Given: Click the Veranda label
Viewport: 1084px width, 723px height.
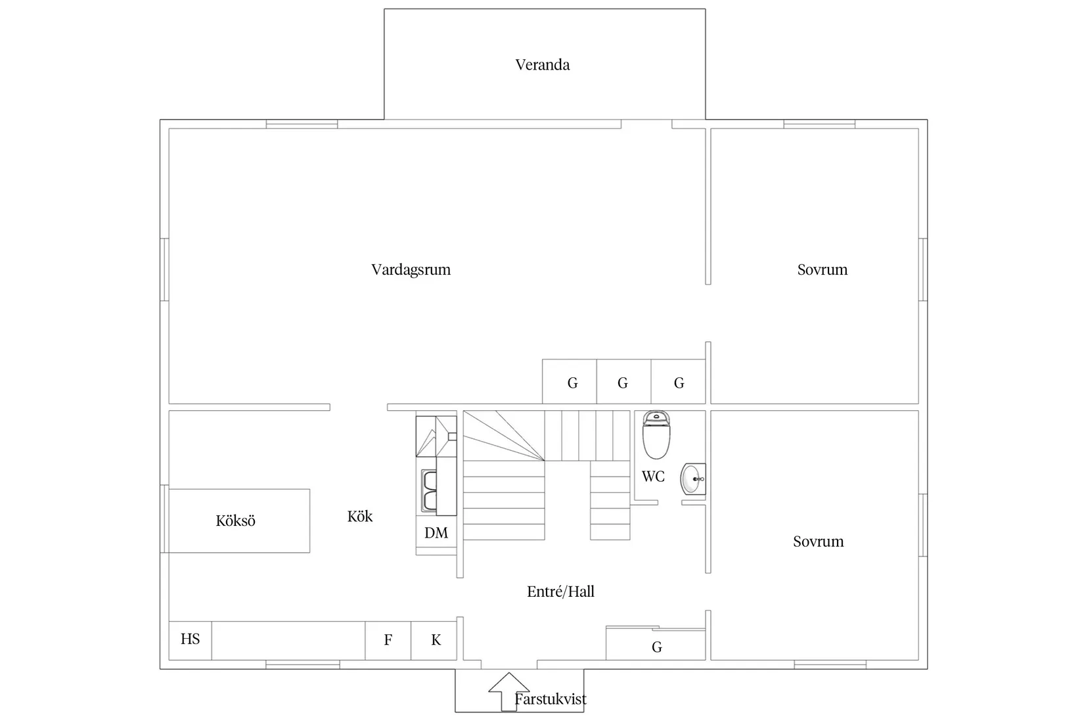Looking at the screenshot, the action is tap(542, 64).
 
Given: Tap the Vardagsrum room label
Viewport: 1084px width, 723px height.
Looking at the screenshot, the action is tap(411, 269).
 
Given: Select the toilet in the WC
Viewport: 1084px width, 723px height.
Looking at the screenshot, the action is tap(656, 434).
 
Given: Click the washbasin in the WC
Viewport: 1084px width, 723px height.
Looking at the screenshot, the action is tap(694, 479).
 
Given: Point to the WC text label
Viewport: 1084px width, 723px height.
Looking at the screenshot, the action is tap(653, 477).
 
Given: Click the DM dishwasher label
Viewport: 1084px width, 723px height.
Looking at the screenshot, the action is tap(436, 532).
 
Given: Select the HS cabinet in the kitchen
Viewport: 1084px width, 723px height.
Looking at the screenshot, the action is tap(190, 640).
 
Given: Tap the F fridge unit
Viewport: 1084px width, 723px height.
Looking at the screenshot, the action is tap(388, 640).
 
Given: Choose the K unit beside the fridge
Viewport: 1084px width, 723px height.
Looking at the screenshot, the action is tap(434, 640).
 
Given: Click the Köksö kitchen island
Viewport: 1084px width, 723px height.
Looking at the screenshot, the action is tap(239, 521).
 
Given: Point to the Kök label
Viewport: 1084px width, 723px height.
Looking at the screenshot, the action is tap(359, 516).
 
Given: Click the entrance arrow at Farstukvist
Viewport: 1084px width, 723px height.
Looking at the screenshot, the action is tap(508, 691).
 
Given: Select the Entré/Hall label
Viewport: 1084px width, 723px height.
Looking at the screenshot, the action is tap(560, 592).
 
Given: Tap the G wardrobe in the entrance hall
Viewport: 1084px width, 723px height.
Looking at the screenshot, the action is tap(656, 644).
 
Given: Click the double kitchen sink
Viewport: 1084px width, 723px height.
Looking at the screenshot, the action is tap(429, 490).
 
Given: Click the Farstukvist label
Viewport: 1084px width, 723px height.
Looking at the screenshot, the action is tap(551, 699).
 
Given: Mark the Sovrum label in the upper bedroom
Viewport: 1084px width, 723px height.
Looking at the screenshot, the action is tap(822, 269).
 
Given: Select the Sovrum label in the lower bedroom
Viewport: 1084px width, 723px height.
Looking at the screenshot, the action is tap(818, 541).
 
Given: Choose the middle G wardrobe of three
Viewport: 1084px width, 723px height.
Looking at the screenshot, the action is tap(623, 382).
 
